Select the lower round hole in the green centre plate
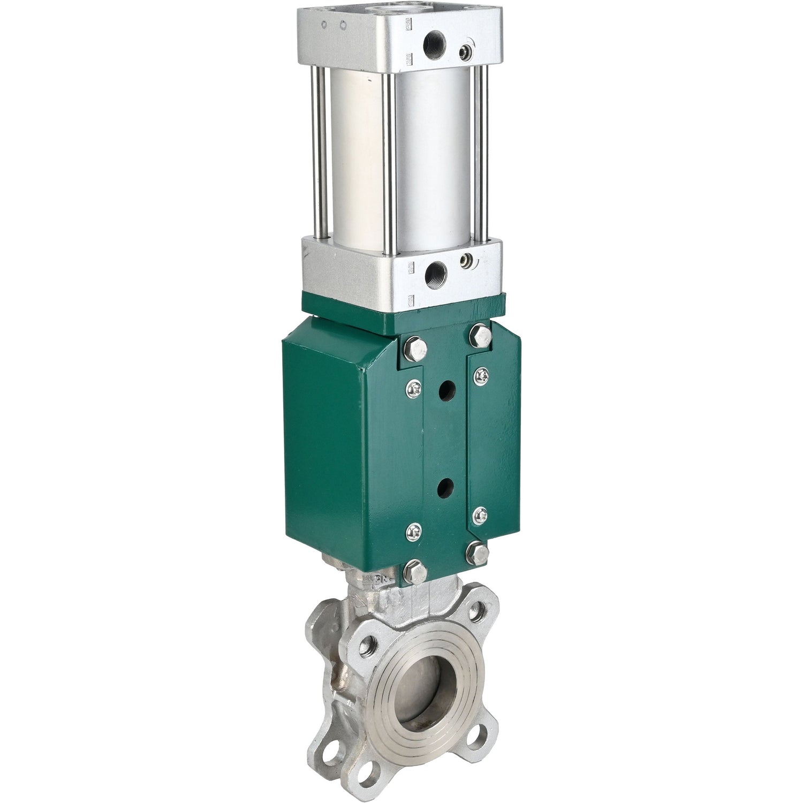pos(445,488)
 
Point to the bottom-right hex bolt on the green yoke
pos(478,554)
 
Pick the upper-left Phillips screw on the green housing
pos(414,389)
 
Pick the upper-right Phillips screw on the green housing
pos(481,377)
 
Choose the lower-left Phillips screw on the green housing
pos(414,532)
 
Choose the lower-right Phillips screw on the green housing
pos(481,516)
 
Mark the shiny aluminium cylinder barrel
pos(428,161)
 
